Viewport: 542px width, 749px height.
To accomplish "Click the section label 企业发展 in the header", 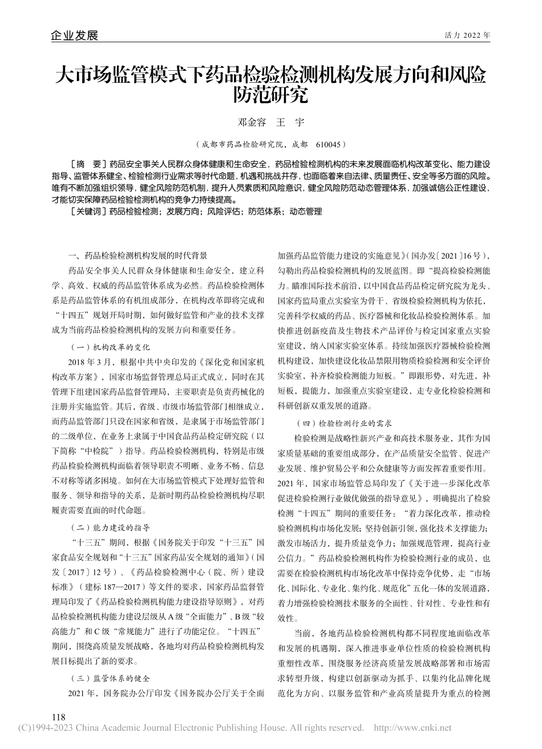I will [74, 35].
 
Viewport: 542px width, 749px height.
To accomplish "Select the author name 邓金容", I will [249, 122].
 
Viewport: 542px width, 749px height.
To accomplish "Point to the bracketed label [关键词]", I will [87, 211].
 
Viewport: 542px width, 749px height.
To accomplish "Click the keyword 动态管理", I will [306, 211].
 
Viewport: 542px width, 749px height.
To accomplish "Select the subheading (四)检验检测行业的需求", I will [343, 424].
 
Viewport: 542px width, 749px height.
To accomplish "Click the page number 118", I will [58, 717].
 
